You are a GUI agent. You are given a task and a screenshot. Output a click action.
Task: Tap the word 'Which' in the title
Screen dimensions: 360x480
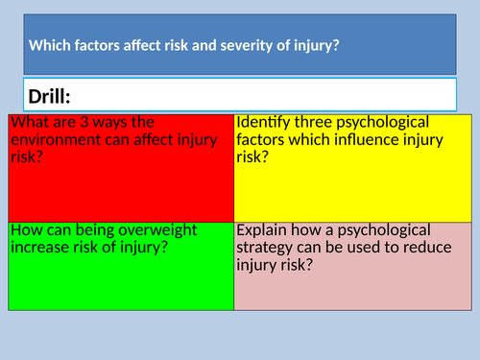pyautogui.click(x=49, y=44)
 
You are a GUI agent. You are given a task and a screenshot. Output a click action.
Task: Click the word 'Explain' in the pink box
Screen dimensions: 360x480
pyautogui.click(x=264, y=229)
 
